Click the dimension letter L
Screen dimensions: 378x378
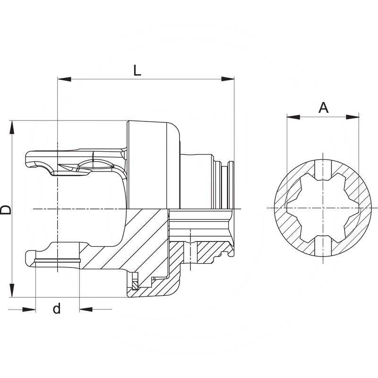coord(137,70)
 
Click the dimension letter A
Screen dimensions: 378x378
coord(323,108)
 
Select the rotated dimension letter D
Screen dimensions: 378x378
coord(6,210)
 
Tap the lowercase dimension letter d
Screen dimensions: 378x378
coord(57,309)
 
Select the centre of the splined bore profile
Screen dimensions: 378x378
coord(323,208)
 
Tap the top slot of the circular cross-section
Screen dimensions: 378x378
coord(323,170)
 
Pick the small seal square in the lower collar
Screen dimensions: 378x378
coord(135,285)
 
